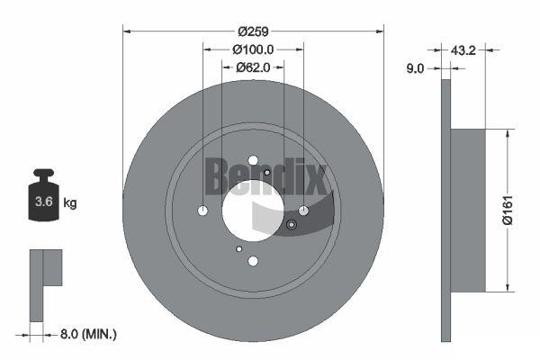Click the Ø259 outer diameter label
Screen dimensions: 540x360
pos(253,31)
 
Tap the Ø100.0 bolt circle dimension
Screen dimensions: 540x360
pos(253,49)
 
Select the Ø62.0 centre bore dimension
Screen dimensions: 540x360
pos(253,67)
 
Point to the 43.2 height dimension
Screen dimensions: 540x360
pos(463,50)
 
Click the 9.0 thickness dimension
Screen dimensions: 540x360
pos(415,68)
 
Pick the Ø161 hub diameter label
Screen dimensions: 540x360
pos(508,210)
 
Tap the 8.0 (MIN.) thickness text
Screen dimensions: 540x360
pos(88,334)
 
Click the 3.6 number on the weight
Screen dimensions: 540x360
pos(44,202)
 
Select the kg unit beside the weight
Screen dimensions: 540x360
pos(70,202)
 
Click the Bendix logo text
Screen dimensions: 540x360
pos(265,176)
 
